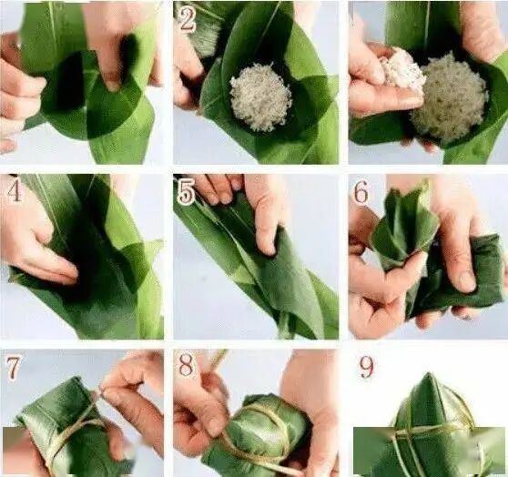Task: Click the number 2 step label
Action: click(x=187, y=19)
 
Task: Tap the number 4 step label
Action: click(x=14, y=190)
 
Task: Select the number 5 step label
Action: click(x=187, y=192)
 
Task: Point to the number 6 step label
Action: click(x=361, y=192)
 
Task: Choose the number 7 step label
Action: click(x=14, y=368)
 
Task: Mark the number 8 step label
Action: click(x=186, y=365)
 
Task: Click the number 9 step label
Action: click(x=366, y=367)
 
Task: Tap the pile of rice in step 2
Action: click(x=260, y=96)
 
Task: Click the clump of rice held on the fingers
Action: click(x=401, y=68)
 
